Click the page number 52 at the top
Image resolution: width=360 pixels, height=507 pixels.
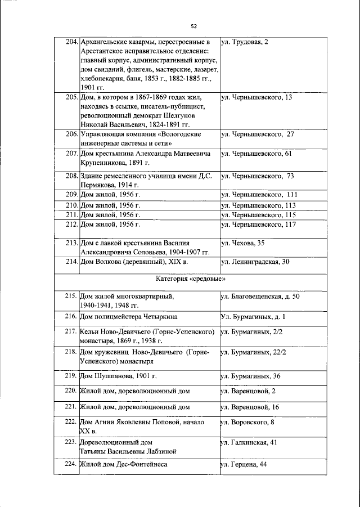point(193,26)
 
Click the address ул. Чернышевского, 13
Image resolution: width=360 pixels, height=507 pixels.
point(256,97)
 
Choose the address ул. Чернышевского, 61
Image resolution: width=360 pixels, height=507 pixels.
point(256,152)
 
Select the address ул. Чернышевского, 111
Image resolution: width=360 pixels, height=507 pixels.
point(259,194)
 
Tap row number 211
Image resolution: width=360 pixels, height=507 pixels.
point(70,214)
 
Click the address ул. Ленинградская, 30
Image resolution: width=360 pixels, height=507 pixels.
point(255,262)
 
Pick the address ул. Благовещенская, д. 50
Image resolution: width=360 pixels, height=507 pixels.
point(260,296)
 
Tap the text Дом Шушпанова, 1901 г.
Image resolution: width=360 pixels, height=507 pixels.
point(114,375)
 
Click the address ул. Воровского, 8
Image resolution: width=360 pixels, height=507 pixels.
point(247,421)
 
